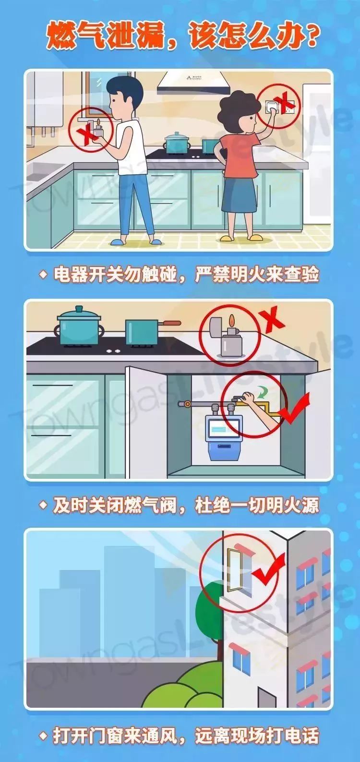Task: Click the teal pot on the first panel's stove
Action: pyautogui.click(x=178, y=142)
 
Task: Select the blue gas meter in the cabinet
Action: pyautogui.click(x=224, y=436)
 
